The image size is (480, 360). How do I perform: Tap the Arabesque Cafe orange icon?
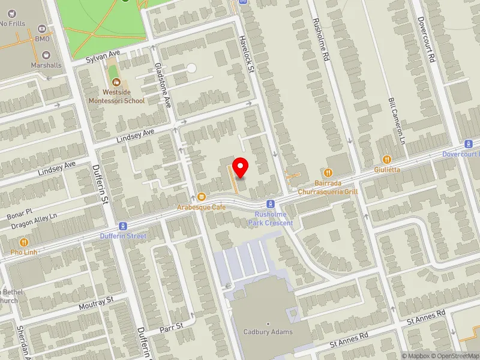coord(202,197)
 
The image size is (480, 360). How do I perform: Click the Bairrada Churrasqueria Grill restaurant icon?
coord(328,172)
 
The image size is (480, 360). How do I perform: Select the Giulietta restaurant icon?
coord(387,160)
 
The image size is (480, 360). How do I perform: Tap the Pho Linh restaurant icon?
coord(24,242)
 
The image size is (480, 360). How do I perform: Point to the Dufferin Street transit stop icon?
coord(124,226)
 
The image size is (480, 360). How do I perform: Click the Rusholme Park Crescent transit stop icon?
coord(271,204)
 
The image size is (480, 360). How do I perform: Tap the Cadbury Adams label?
coord(268,332)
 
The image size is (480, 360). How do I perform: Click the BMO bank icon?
coord(42,28)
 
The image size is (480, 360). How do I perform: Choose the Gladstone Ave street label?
coord(163,85)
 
